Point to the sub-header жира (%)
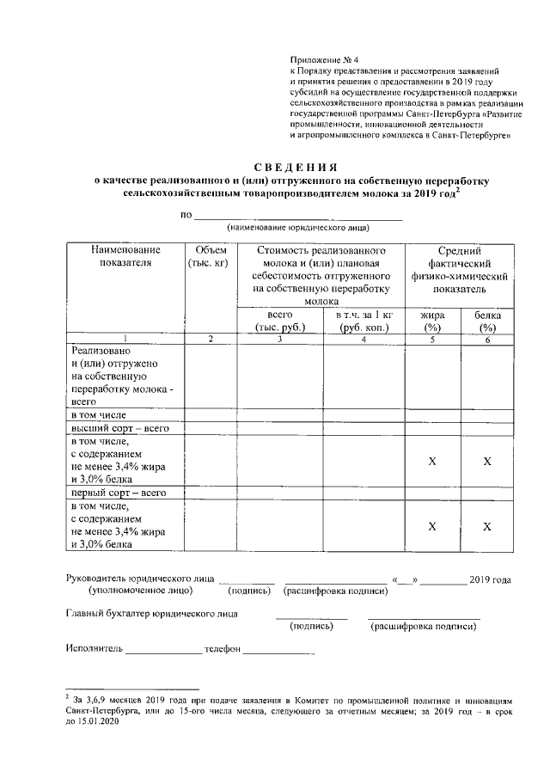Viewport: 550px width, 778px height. tap(432, 322)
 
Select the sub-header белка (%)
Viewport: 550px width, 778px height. tap(487, 322)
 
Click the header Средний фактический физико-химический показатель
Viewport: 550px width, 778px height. tap(460, 269)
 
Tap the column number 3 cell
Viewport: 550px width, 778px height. tap(280, 340)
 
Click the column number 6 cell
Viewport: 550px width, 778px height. tap(487, 340)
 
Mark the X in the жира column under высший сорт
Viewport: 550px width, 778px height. tap(432, 462)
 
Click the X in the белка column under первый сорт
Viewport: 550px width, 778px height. tap(487, 526)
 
